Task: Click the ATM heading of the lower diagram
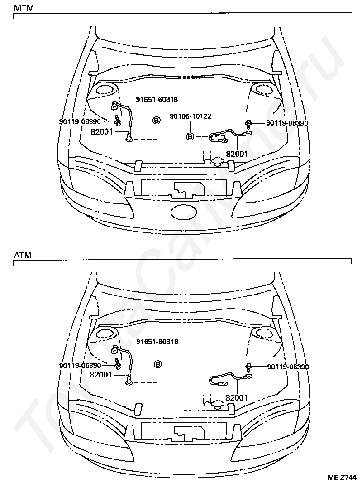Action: coord(23,255)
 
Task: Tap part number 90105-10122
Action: coord(191,116)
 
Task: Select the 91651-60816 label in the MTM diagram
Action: coord(157,99)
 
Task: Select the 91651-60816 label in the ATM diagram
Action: coord(157,342)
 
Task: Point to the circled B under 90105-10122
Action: coord(190,136)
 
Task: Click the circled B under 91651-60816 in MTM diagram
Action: coord(157,120)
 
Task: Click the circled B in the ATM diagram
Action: coord(157,364)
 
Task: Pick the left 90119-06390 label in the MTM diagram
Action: coord(80,122)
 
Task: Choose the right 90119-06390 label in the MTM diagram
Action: coord(287,123)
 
